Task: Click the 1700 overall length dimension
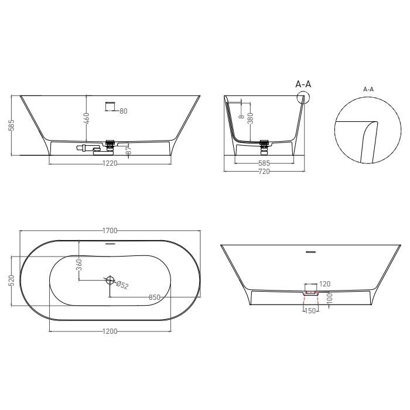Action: [x=110, y=231]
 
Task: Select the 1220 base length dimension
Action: [x=110, y=163]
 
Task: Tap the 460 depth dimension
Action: [x=87, y=118]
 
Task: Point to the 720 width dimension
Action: [x=264, y=172]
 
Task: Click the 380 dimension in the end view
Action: [x=250, y=118]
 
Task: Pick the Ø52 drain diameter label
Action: [x=122, y=285]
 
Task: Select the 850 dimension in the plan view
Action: [x=154, y=298]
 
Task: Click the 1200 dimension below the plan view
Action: [x=110, y=332]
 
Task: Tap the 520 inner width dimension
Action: [x=12, y=281]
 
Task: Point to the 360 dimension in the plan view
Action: [x=80, y=265]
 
